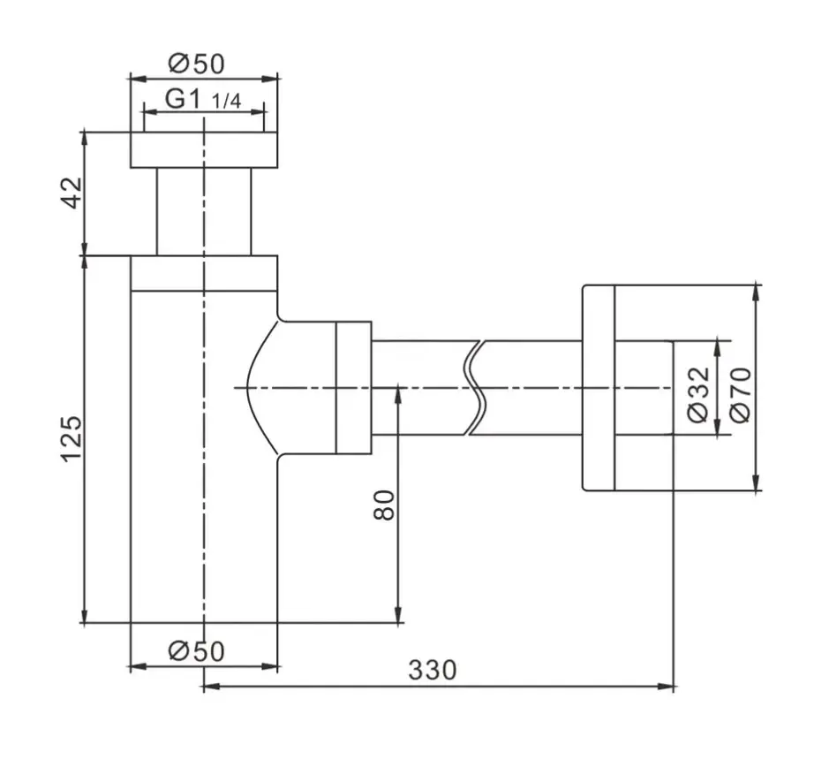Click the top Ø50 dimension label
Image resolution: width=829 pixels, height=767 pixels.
coord(196,64)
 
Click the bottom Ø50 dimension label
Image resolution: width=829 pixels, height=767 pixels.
coord(196,650)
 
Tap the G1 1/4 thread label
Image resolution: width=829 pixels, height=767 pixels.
coord(203,99)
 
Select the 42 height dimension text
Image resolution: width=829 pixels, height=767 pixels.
coord(72,193)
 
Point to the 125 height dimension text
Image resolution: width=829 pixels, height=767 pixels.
coord(72,440)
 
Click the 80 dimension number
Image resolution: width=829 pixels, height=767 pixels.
coord(384,505)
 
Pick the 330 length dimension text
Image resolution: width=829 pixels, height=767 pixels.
coord(432,670)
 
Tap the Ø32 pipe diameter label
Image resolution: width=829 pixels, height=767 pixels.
coord(698,394)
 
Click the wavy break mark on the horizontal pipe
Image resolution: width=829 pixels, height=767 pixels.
coord(474,388)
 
